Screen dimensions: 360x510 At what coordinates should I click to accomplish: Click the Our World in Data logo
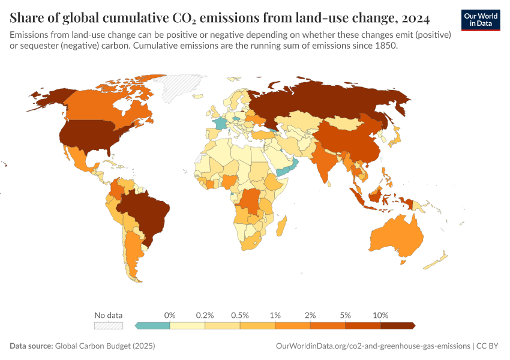[480, 20]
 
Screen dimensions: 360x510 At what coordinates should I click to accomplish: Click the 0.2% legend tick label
[205, 315]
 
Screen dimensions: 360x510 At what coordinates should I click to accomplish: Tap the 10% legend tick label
[380, 315]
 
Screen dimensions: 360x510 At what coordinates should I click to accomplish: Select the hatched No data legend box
[109, 325]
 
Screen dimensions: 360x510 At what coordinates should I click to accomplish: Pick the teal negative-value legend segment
[154, 325]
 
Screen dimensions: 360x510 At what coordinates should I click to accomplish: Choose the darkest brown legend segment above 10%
[397, 325]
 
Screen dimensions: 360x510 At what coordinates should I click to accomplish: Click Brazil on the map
[147, 213]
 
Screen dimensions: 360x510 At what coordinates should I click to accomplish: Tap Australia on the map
[396, 237]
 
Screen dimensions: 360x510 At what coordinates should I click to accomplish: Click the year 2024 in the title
[413, 19]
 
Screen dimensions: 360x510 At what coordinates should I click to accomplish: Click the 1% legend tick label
[275, 315]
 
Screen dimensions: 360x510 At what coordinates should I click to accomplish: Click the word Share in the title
[27, 19]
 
